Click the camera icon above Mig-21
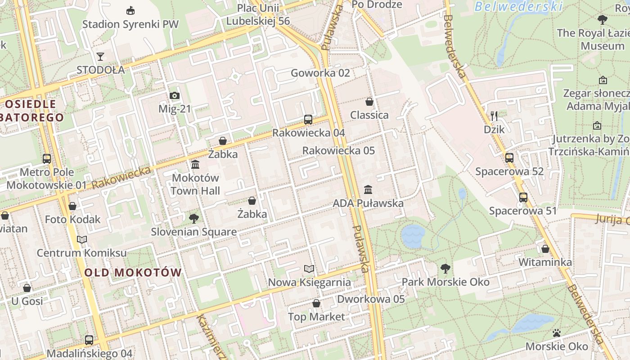click(x=175, y=95)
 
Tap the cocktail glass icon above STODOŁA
click(x=100, y=57)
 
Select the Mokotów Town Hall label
click(x=195, y=184)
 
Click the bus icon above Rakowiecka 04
click(x=308, y=119)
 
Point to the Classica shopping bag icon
click(x=369, y=102)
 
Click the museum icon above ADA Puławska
click(x=368, y=189)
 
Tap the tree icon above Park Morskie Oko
click(x=445, y=269)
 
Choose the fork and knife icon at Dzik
click(x=494, y=116)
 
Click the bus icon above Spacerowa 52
click(x=509, y=158)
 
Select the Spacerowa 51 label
click(x=523, y=211)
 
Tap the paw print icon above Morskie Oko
click(x=557, y=333)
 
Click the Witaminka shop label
click(x=545, y=262)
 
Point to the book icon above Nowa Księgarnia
click(x=309, y=269)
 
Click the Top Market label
click(x=316, y=317)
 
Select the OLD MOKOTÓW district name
click(x=133, y=272)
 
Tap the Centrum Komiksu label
click(x=81, y=253)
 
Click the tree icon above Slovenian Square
click(x=194, y=219)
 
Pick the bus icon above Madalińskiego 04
click(x=89, y=340)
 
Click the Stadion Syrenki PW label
click(x=130, y=24)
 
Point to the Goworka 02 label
click(x=320, y=73)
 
